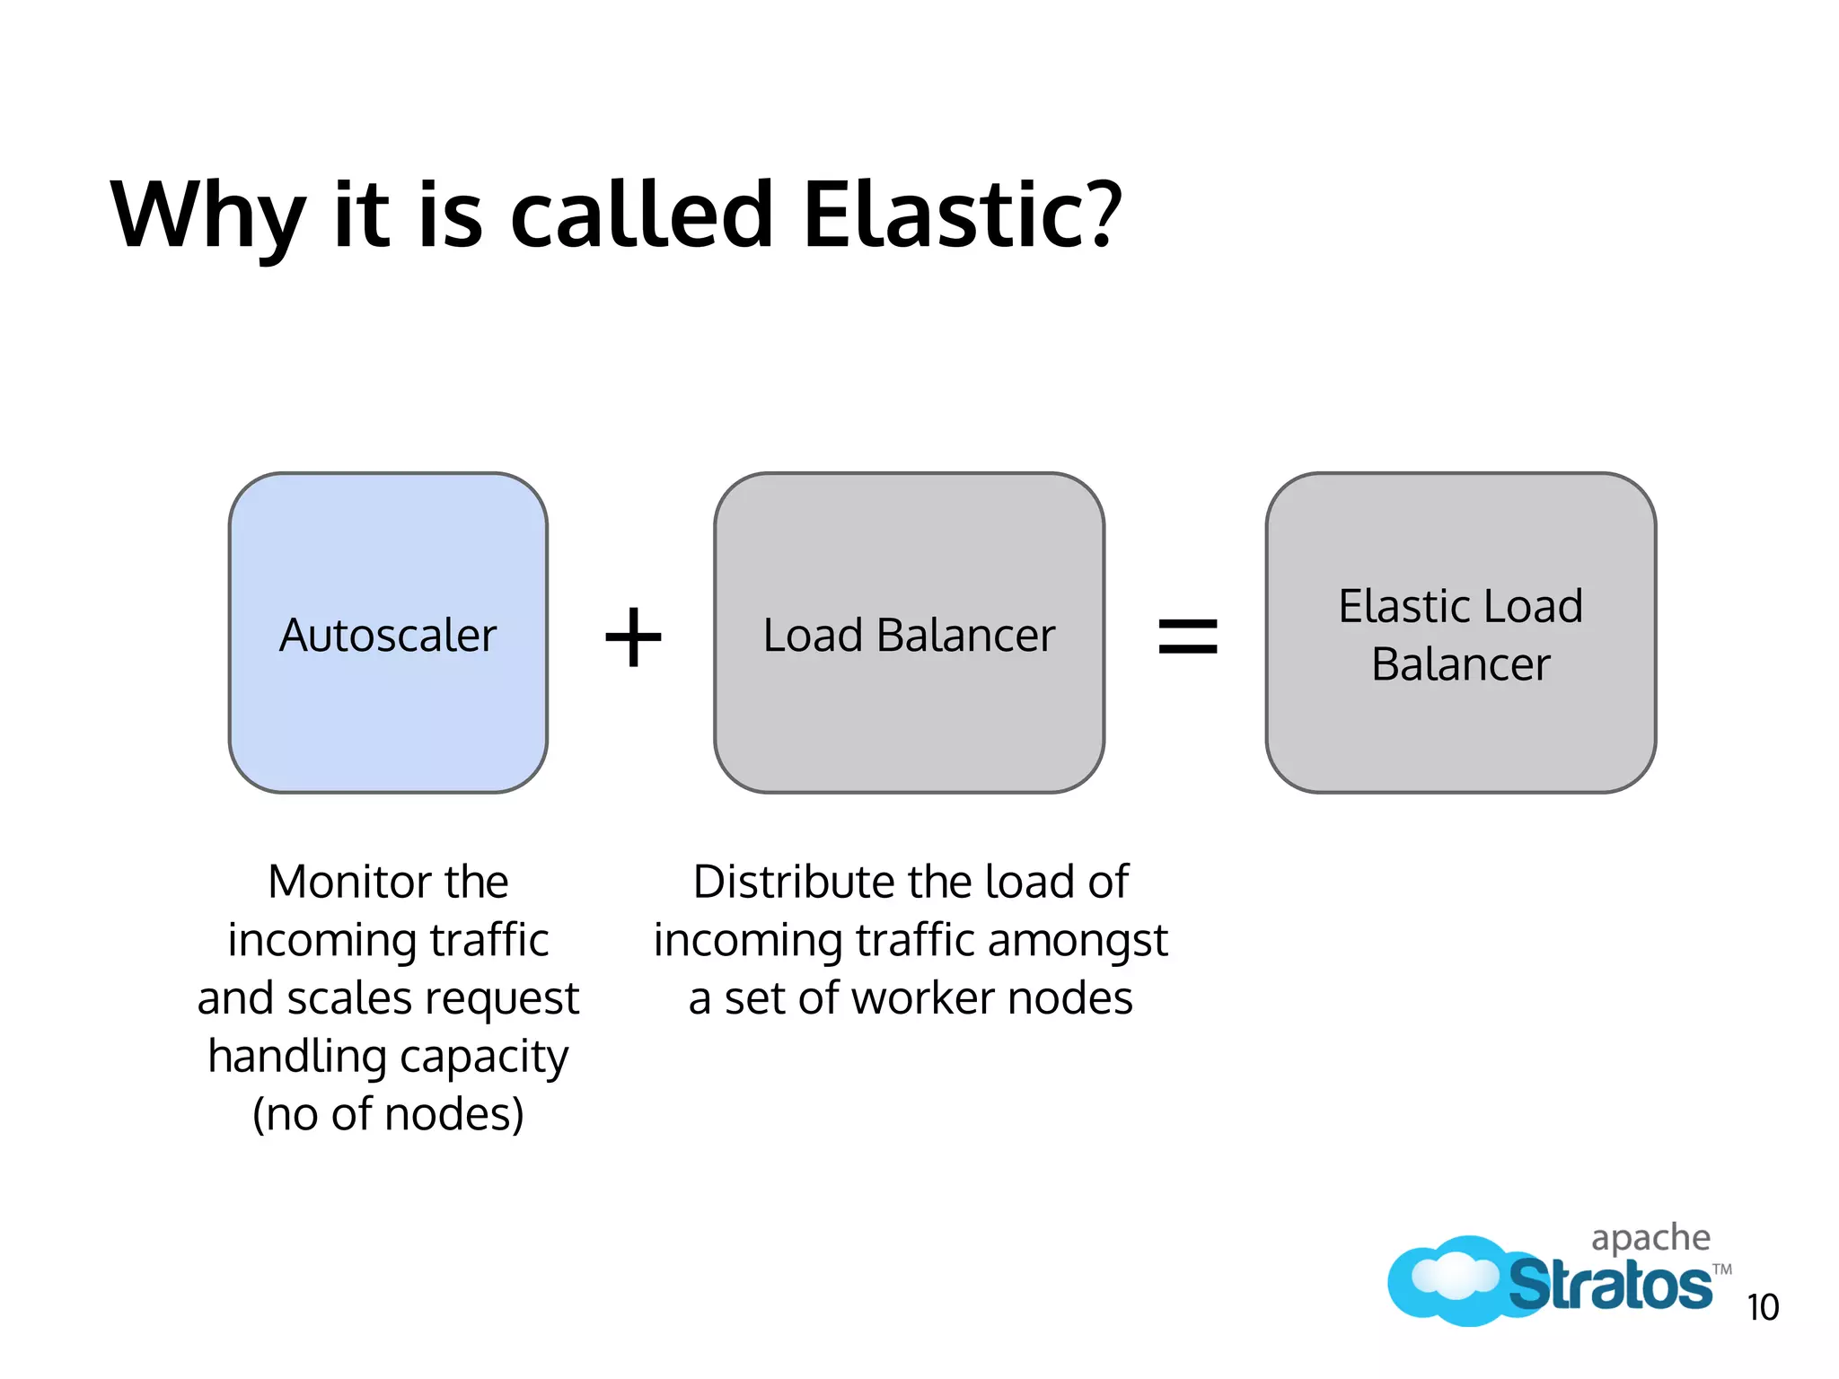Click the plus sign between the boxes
coord(633,637)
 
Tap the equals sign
coord(1187,637)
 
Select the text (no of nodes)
coord(388,1114)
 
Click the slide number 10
coord(1762,1307)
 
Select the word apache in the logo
coord(1650,1239)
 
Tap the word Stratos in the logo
coord(1609,1286)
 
